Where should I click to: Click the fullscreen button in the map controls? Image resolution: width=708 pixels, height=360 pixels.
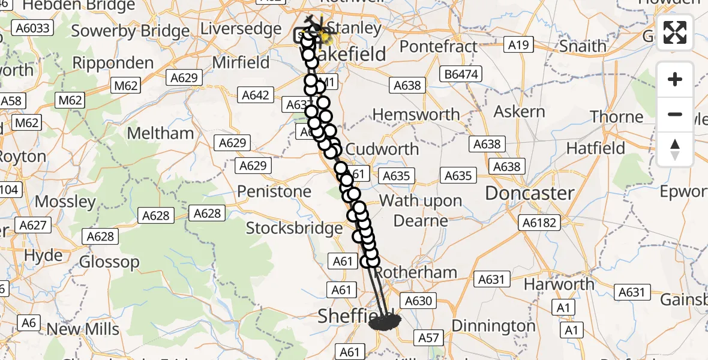pyautogui.click(x=675, y=32)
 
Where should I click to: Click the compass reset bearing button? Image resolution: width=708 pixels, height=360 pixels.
pyautogui.click(x=675, y=149)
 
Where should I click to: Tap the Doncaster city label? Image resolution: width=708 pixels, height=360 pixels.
pyautogui.click(x=530, y=193)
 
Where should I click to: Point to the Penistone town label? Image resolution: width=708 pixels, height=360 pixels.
pyautogui.click(x=274, y=192)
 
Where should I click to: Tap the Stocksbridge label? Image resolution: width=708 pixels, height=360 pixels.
pyautogui.click(x=294, y=228)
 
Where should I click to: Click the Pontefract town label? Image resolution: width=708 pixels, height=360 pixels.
pyautogui.click(x=439, y=46)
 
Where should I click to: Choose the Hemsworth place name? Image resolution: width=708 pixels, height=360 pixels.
pyautogui.click(x=416, y=114)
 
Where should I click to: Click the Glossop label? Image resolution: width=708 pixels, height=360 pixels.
pyautogui.click(x=109, y=262)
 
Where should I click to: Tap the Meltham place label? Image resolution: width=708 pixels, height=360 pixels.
pyautogui.click(x=161, y=133)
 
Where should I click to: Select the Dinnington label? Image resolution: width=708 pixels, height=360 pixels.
pyautogui.click(x=493, y=326)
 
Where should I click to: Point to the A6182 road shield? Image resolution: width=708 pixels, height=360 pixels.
pyautogui.click(x=540, y=223)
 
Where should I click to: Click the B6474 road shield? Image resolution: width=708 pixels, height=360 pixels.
pyautogui.click(x=461, y=74)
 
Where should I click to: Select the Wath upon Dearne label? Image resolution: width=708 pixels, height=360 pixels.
pyautogui.click(x=422, y=210)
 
